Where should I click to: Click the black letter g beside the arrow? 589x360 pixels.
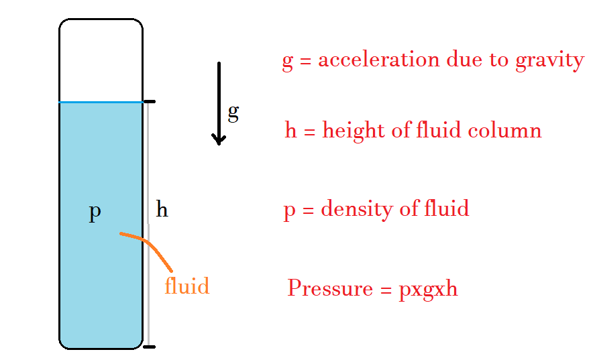click(233, 113)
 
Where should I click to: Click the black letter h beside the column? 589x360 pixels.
click(162, 210)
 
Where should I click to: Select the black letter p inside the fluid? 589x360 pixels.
click(95, 213)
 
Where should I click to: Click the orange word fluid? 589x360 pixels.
click(186, 286)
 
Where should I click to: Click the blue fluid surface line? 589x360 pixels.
click(101, 102)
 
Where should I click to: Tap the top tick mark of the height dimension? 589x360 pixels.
click(150, 102)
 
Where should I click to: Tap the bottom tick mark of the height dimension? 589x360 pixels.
click(150, 347)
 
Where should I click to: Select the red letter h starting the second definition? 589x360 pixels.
click(290, 130)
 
